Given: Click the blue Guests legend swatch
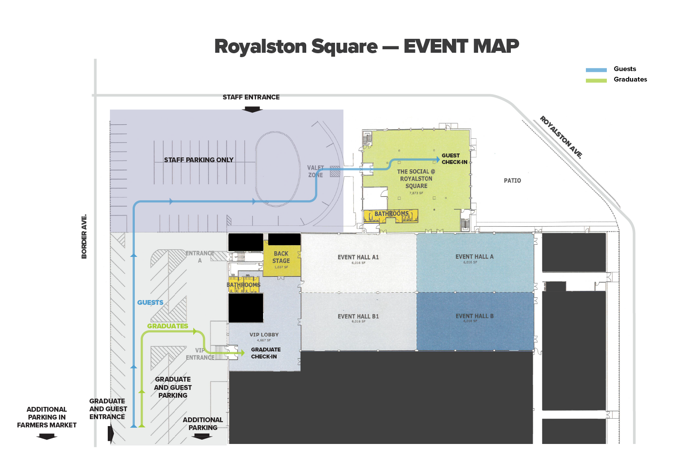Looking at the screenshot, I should [596, 70].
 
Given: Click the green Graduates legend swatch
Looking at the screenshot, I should [596, 80].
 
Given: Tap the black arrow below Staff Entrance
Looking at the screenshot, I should [252, 109].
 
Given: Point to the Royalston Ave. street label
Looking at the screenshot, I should [561, 137].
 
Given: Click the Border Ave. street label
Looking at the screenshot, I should [84, 236].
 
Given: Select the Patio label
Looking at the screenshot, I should [512, 181].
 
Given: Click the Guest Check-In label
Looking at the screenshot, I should [454, 159].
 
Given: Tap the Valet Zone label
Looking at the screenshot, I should [315, 171].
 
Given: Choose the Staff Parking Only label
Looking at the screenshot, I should [198, 160].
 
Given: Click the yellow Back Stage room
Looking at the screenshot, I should [281, 260].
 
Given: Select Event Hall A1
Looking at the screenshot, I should [358, 262].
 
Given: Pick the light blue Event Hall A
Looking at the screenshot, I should [475, 262].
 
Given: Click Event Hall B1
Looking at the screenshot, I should [358, 321].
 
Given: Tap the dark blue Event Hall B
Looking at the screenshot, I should [475, 321].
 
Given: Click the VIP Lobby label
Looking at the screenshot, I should [264, 335].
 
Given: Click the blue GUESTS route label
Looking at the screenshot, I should [150, 303].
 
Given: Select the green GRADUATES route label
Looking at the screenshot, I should [168, 326].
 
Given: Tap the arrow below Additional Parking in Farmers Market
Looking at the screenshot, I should [47, 437].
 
